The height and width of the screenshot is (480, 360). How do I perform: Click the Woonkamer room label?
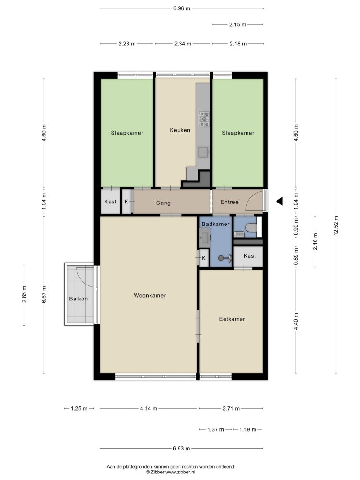[150, 295]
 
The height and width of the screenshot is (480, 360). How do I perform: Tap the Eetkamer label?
[232, 319]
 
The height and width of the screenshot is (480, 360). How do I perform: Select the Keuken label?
[180, 130]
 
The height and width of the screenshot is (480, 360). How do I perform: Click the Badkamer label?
[216, 224]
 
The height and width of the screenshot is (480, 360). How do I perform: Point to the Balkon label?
[78, 299]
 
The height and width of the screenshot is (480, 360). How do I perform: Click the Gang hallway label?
[163, 203]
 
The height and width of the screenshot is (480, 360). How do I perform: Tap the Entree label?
[230, 202]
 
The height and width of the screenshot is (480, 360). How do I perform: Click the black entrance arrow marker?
[279, 201]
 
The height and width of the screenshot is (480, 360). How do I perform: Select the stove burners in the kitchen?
[204, 119]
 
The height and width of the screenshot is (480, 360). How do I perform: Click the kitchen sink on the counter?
[203, 152]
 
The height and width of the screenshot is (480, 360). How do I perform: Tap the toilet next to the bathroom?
[251, 228]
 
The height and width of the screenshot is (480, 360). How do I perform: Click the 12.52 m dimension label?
[336, 226]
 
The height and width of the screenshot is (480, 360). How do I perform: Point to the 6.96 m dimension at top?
[182, 8]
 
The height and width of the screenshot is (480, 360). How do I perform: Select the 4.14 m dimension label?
[149, 408]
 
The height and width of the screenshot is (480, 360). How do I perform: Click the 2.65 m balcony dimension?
[24, 294]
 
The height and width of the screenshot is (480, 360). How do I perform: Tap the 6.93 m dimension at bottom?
[181, 449]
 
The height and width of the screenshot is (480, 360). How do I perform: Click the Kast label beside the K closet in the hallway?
[111, 202]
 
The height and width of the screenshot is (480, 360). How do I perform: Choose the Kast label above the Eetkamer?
[250, 256]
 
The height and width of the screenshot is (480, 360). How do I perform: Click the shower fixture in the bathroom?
[225, 258]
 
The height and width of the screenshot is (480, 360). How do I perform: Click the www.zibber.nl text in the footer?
[180, 472]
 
